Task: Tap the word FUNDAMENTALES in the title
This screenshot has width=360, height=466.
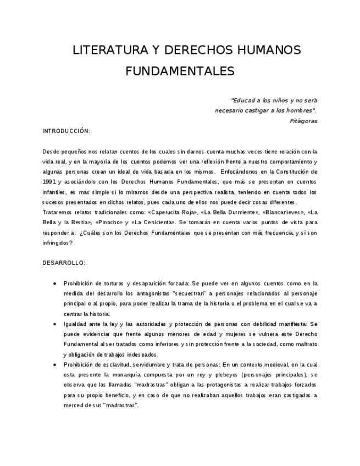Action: click(x=180, y=71)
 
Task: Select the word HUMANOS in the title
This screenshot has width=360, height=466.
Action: click(x=270, y=51)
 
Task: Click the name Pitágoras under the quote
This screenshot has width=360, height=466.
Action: click(x=303, y=120)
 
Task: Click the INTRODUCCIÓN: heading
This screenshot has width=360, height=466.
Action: click(x=66, y=131)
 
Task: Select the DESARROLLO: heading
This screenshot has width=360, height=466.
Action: click(x=64, y=263)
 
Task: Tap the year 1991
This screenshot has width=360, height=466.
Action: click(x=49, y=181)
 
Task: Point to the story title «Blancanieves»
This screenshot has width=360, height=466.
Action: click(x=280, y=212)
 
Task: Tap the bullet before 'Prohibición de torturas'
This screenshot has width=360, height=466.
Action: click(x=54, y=284)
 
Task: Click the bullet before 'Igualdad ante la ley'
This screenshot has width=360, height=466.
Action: click(x=54, y=324)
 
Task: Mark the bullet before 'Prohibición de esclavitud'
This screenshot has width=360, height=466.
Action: click(x=54, y=365)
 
